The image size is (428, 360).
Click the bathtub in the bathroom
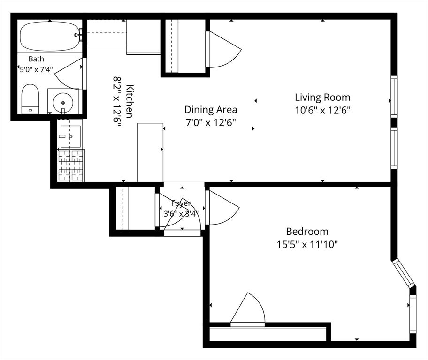[50, 37]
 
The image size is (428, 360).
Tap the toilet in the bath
[31, 99]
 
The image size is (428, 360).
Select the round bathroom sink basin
[63, 103]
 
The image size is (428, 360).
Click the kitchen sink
[70, 136]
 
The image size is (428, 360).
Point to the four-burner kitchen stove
[71, 165]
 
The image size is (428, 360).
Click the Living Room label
[322, 97]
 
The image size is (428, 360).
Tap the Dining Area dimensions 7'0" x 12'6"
[210, 123]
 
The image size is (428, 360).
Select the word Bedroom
[307, 232]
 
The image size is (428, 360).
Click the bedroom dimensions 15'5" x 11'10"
[307, 244]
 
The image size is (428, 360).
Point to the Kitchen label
[130, 101]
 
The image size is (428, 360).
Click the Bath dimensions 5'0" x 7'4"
[36, 69]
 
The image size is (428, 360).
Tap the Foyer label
[181, 203]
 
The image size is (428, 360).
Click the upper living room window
[394, 97]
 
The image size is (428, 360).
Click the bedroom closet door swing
[247, 308]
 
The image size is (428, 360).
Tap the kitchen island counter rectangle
[150, 152]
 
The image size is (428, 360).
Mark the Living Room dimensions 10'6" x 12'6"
[322, 110]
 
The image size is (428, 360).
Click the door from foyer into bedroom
[222, 207]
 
